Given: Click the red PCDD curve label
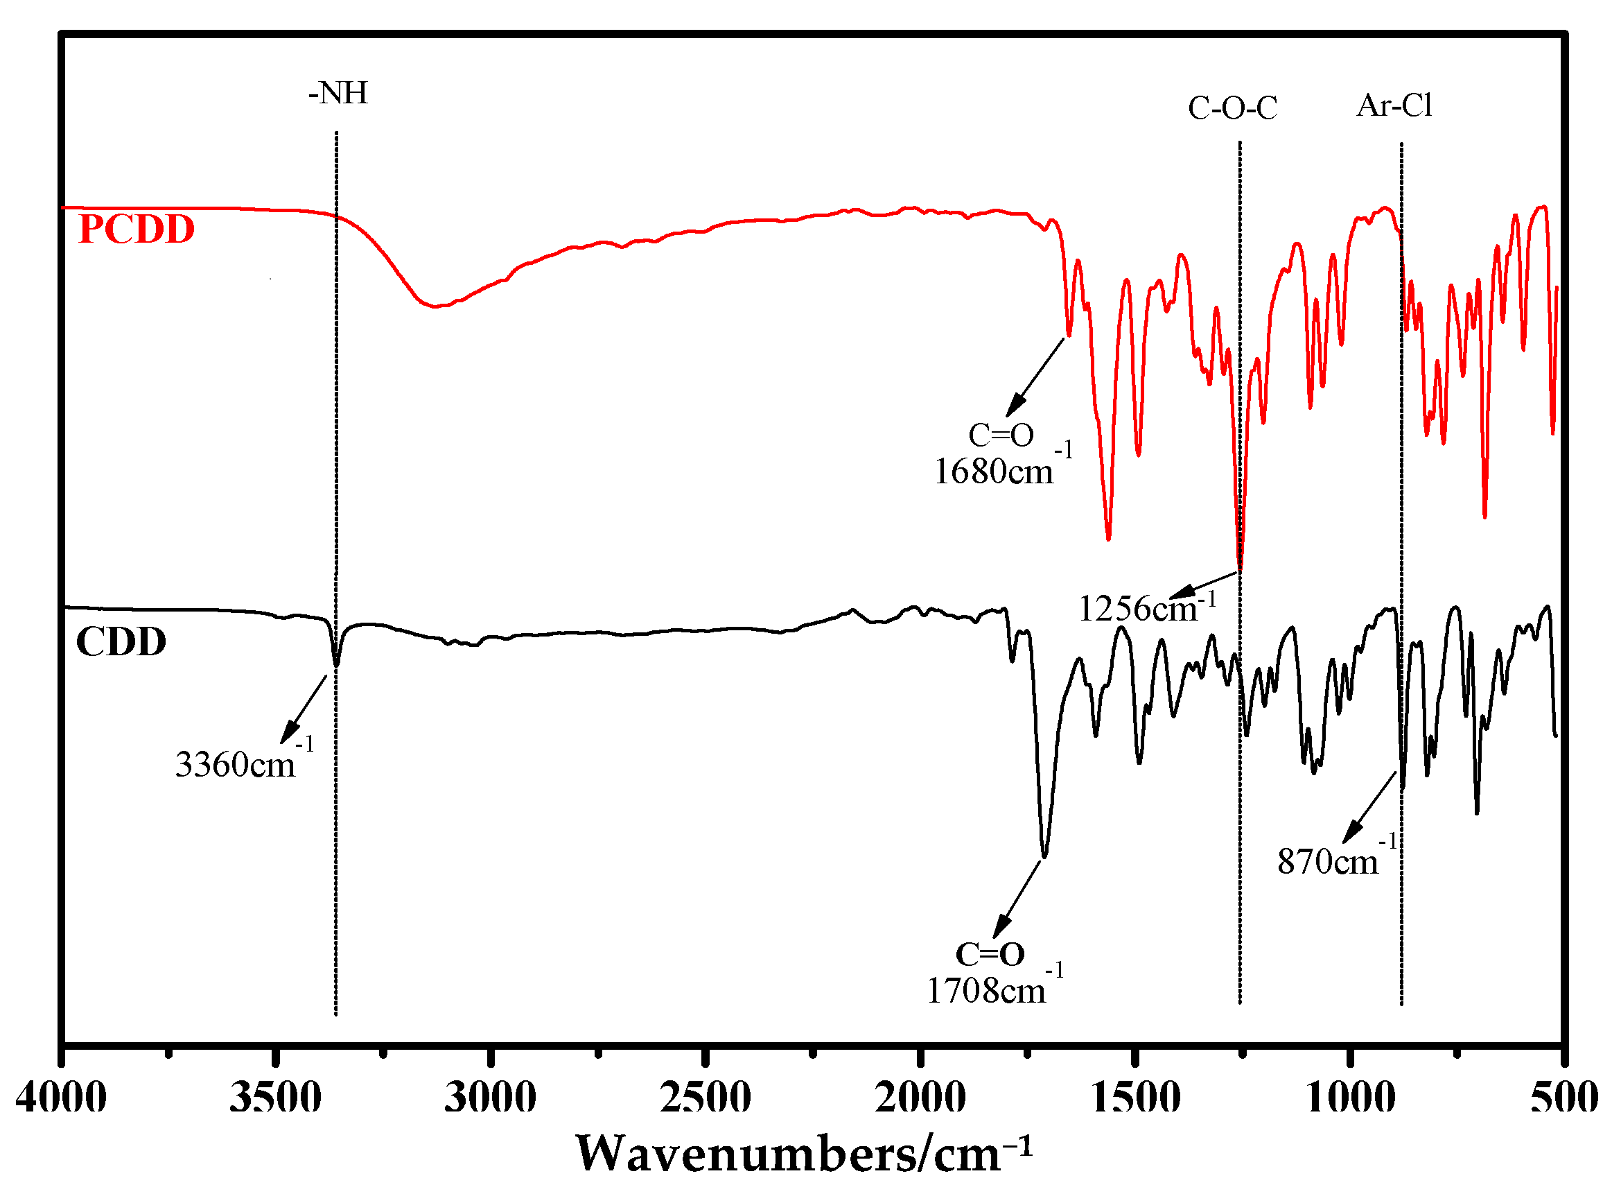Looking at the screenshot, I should [136, 229].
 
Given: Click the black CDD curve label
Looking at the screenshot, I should [121, 642].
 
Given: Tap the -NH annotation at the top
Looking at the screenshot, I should [338, 93].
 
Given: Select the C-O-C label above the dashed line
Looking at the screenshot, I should [1232, 108].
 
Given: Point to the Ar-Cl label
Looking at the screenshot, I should [1394, 106].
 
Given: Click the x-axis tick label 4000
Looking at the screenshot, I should [62, 1097].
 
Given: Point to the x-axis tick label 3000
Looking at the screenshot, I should [490, 1097].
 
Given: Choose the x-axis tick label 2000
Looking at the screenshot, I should [920, 1097].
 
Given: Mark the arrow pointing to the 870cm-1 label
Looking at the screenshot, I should [1368, 808].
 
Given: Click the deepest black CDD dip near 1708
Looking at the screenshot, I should [1044, 856].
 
